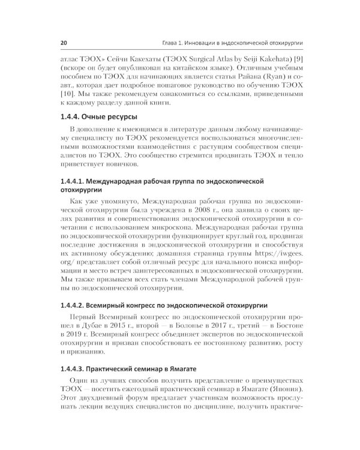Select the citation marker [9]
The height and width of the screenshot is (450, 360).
click(303, 61)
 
